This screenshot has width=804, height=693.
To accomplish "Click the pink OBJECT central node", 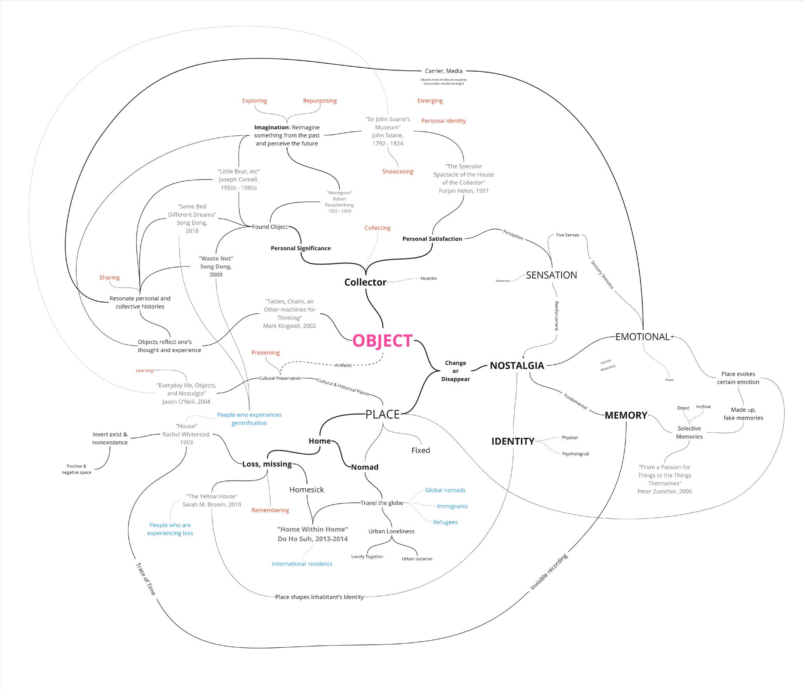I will pyautogui.click(x=382, y=341).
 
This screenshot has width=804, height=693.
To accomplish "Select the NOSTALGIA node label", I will pyautogui.click(x=517, y=366).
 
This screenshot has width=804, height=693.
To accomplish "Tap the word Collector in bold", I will pyautogui.click(x=365, y=282).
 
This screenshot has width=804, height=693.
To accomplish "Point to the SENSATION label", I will pyautogui.click(x=551, y=275).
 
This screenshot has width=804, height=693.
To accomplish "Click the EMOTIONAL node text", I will pyautogui.click(x=642, y=337).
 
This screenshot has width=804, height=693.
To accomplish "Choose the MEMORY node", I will pyautogui.click(x=626, y=415).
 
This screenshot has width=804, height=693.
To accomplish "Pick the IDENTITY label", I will pyautogui.click(x=512, y=441).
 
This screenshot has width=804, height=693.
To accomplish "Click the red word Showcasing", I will pyautogui.click(x=397, y=171).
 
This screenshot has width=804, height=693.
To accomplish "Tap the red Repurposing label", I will pyautogui.click(x=320, y=100).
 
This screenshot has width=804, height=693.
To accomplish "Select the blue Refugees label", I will pyautogui.click(x=445, y=522).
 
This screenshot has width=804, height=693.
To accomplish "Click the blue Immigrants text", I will pyautogui.click(x=452, y=506).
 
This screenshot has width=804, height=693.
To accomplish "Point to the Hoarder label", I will pyautogui.click(x=429, y=278).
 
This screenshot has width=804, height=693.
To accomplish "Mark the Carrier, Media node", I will pyautogui.click(x=443, y=71).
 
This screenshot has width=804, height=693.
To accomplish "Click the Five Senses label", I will pyautogui.click(x=567, y=235).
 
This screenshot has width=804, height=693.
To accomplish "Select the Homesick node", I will pyautogui.click(x=306, y=490).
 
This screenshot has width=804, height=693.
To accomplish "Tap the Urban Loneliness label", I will pyautogui.click(x=391, y=531).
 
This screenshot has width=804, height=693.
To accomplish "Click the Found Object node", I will pyautogui.click(x=270, y=227).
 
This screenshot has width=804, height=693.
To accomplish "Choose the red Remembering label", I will pyautogui.click(x=270, y=510).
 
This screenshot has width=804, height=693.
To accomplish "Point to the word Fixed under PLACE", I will pyautogui.click(x=420, y=450).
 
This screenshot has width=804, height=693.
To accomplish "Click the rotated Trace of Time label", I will pyautogui.click(x=146, y=579).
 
